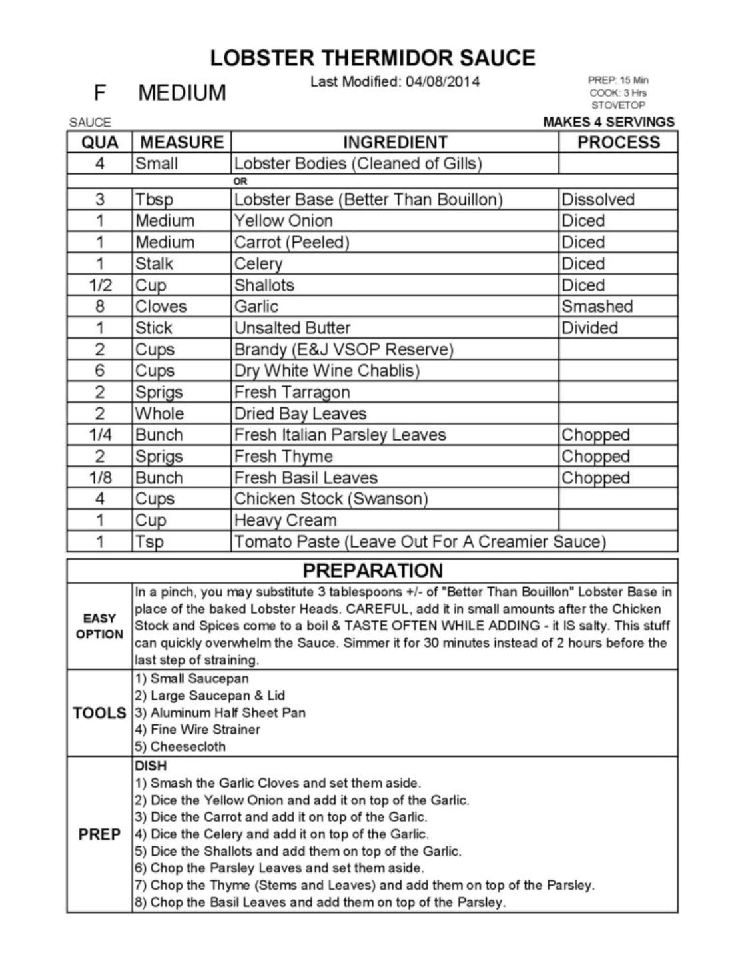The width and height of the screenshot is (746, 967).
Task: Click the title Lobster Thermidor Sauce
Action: (x=372, y=58)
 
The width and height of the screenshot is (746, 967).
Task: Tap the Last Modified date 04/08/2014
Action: (x=442, y=82)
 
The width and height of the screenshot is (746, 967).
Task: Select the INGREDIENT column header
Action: (x=394, y=142)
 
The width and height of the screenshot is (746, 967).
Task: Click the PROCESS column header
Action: (x=618, y=142)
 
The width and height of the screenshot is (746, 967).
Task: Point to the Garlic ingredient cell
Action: (x=256, y=307)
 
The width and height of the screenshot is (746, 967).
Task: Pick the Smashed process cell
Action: (x=597, y=307)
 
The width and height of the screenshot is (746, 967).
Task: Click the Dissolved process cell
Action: (x=597, y=199)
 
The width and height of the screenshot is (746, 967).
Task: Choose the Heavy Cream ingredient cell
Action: (x=285, y=520)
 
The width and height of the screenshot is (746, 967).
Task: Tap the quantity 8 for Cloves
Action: (x=100, y=307)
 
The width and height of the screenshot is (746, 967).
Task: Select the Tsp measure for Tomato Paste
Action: (x=149, y=542)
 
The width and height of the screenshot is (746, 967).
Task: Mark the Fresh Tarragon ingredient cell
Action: (x=292, y=392)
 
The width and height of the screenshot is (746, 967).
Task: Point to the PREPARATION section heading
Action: (x=372, y=570)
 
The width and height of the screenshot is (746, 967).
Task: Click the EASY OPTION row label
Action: (x=99, y=626)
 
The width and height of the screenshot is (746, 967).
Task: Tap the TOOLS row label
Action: (x=99, y=713)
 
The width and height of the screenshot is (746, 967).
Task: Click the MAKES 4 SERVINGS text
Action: (x=608, y=122)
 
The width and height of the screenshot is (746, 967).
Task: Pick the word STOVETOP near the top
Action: (x=618, y=105)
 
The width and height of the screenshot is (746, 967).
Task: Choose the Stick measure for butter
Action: (x=154, y=328)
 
